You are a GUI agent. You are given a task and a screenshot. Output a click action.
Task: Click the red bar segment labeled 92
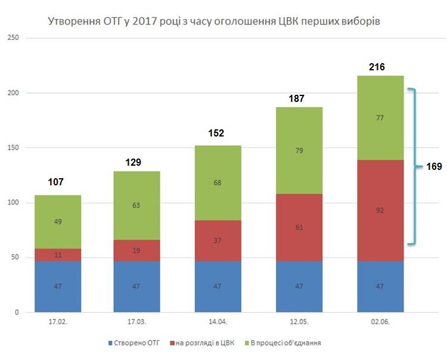380,210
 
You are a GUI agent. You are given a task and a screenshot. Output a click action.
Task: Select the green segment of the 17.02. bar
58,222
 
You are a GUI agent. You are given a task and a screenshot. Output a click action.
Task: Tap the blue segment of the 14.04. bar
219,287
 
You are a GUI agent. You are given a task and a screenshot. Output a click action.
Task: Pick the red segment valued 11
58,255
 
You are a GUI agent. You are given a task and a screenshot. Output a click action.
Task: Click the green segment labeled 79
299,150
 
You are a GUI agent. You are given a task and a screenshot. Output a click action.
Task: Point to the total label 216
377,67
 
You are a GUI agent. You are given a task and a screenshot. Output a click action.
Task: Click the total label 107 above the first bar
55,182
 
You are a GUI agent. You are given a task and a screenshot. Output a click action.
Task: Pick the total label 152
216,133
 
